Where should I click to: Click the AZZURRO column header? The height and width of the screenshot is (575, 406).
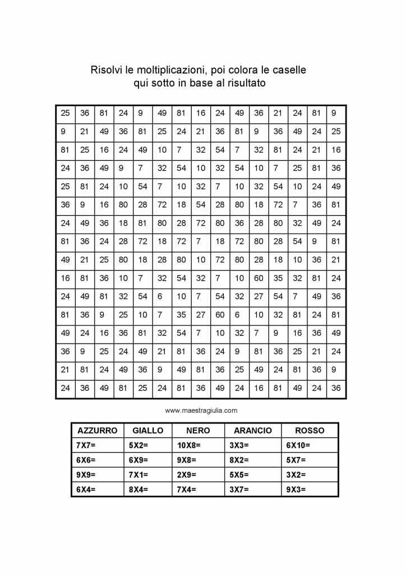(x=97, y=431)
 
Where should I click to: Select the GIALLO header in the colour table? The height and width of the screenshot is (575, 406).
(x=148, y=431)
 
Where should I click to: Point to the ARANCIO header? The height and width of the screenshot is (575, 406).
(x=252, y=431)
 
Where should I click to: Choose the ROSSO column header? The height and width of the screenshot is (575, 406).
(x=310, y=431)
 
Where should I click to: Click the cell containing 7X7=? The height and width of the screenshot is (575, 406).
(x=86, y=445)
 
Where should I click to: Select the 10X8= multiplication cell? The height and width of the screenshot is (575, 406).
(x=189, y=445)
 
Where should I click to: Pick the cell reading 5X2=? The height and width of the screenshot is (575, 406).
(x=138, y=445)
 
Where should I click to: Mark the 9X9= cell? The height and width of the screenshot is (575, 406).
(x=86, y=474)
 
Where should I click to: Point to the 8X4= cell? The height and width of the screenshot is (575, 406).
(x=138, y=489)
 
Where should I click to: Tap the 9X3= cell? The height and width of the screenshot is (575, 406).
(x=296, y=489)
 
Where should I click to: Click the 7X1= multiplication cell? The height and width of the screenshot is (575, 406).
(x=138, y=474)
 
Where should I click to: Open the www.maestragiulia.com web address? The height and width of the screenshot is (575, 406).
(x=201, y=410)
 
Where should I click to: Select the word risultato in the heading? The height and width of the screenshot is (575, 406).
(x=245, y=84)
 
